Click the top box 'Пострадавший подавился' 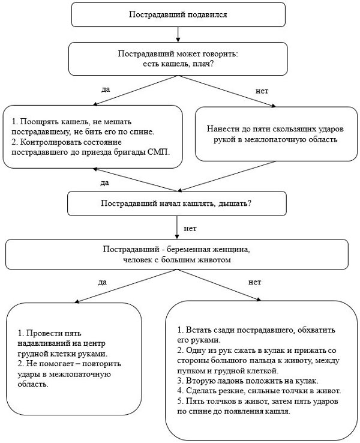pyautogui.click(x=178, y=14)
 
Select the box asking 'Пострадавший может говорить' pyautogui.click(x=178, y=59)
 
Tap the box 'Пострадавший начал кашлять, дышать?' pyautogui.click(x=177, y=203)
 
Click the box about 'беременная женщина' pyautogui.click(x=177, y=255)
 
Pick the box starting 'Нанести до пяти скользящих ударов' pyautogui.click(x=276, y=134)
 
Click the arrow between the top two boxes pyautogui.click(x=178, y=34)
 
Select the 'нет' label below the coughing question pyautogui.click(x=190, y=228)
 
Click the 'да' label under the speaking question pyautogui.click(x=106, y=89)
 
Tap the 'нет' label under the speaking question pyautogui.click(x=262, y=91)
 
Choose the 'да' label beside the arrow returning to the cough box pyautogui.click(x=104, y=183)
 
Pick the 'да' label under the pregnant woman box pyautogui.click(x=103, y=282)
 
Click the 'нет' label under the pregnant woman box pyautogui.click(x=254, y=282)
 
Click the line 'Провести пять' pyautogui.click(x=49, y=333)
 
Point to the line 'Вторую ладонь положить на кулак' pyautogui.click(x=248, y=381)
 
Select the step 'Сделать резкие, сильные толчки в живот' pyautogui.click(x=259, y=391)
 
